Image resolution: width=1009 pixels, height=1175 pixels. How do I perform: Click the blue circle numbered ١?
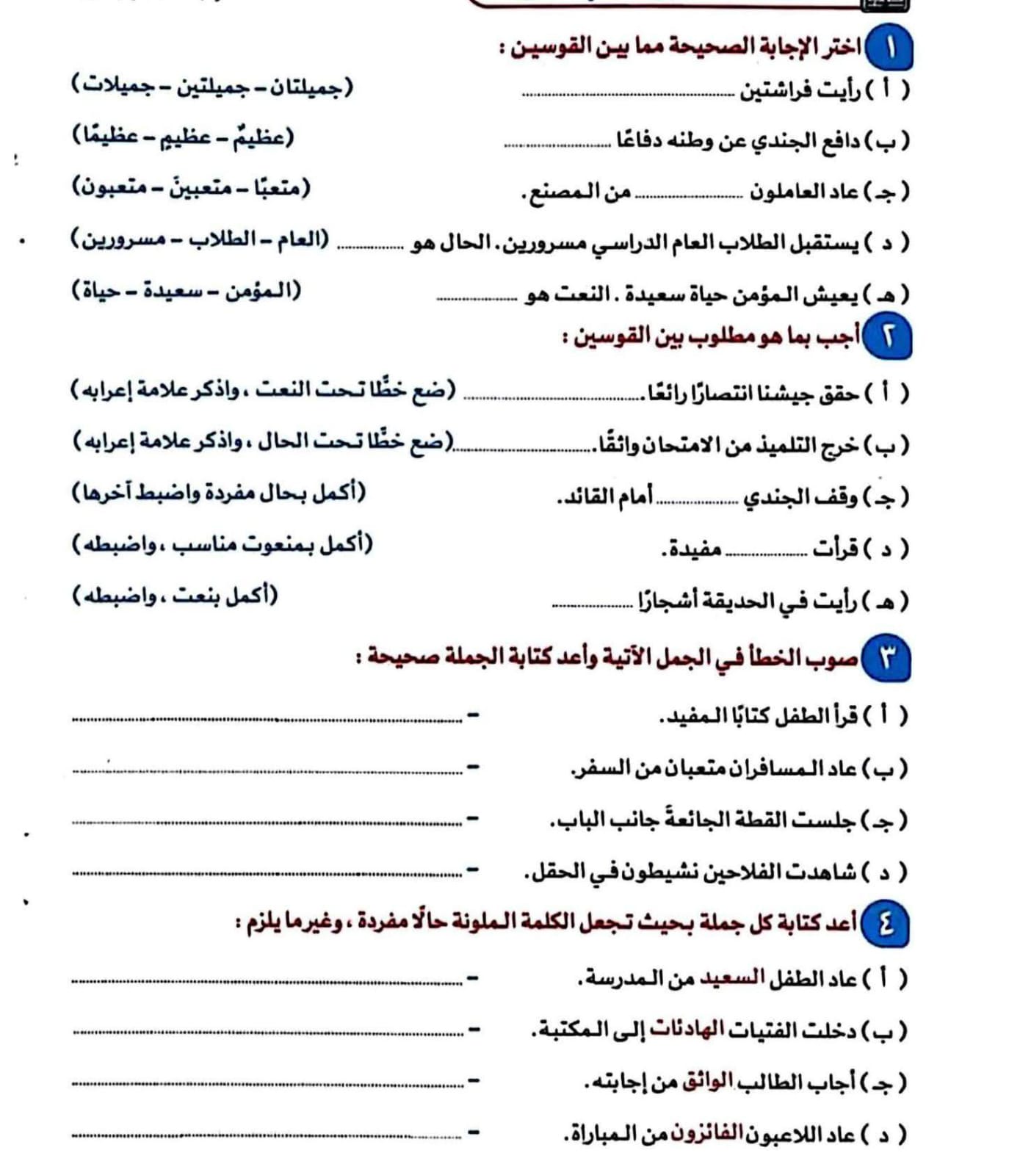click(x=890, y=48)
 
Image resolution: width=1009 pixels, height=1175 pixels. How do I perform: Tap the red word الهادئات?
click(x=687, y=1030)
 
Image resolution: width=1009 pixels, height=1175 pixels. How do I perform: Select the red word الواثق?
click(x=707, y=1082)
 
